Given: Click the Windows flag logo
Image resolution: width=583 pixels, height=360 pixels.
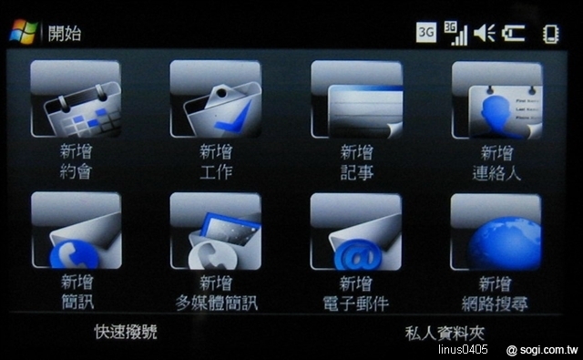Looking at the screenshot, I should coord(23,32).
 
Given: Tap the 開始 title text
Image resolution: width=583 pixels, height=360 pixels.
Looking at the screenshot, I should coord(65,34).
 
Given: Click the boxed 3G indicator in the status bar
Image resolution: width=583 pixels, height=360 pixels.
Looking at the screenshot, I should coord(426,33).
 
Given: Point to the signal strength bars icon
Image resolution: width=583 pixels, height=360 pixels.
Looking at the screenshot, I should coord(455,33).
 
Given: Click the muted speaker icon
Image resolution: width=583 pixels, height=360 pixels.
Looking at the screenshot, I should coord(485,34).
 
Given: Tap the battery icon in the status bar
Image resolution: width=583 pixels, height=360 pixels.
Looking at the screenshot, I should coord(514,34).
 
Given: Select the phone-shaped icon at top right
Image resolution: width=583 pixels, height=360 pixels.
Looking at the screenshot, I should coord(551,34).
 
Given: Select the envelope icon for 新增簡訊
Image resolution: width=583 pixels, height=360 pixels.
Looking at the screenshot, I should coord(76,231).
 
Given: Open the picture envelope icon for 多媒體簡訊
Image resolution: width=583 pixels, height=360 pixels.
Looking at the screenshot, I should coord(215,231).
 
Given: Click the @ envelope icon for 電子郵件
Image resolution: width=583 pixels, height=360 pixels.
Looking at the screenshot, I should coord(356,231).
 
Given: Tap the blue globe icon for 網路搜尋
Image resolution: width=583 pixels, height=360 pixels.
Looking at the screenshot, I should coord(496,231).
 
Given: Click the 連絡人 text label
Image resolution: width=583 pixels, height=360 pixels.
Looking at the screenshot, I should coord(496,172).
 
